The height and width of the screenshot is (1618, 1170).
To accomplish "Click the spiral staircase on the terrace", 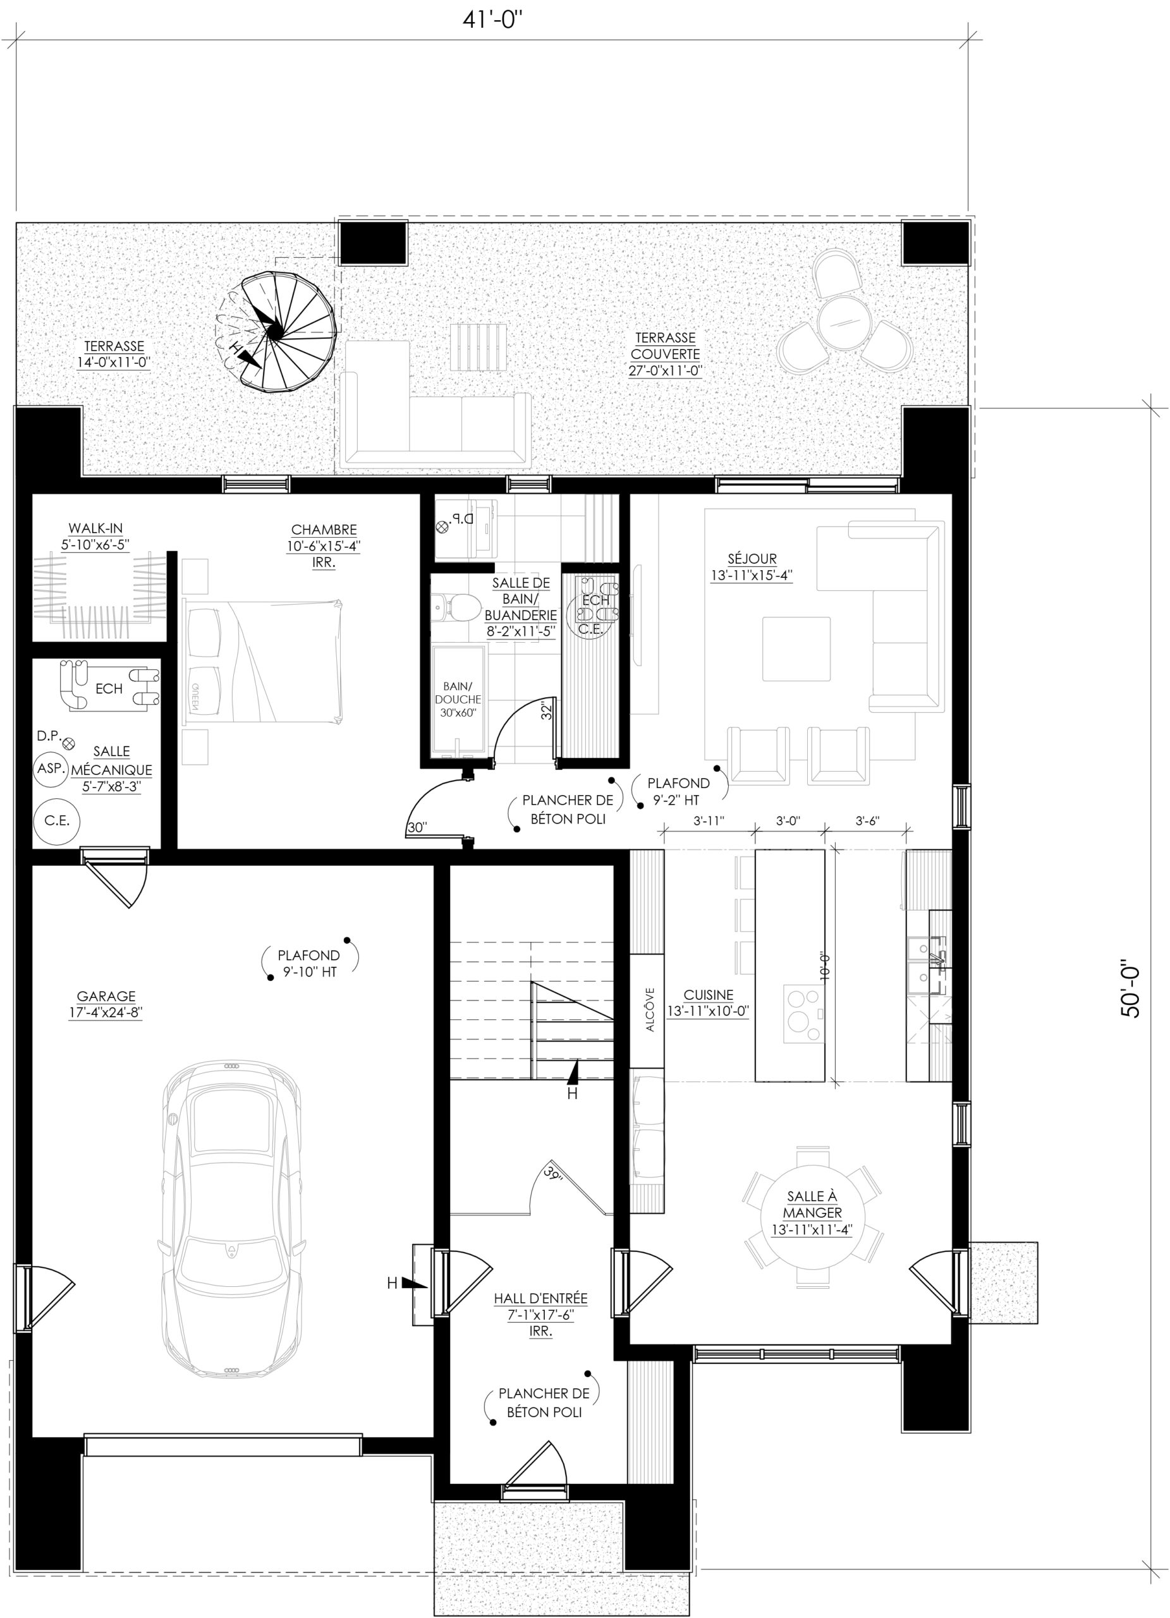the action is point(276,332).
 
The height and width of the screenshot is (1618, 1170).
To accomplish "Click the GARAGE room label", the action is point(106,1004).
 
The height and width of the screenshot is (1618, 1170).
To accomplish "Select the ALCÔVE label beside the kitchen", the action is point(650,1009).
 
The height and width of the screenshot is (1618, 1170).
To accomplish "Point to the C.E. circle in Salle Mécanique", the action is point(56,820).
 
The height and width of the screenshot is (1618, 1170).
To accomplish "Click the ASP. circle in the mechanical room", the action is point(51,769).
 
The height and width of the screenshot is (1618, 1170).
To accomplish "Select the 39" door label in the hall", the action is point(553,1172).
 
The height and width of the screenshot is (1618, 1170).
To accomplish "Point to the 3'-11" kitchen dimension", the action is point(709,820).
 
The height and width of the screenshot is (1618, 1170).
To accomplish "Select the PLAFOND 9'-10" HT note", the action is point(309,963).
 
